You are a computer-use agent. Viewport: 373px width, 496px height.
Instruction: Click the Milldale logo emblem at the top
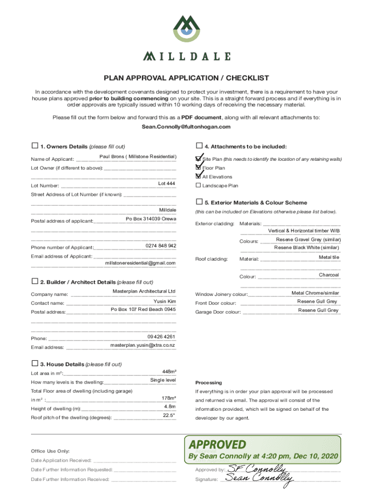[186, 28]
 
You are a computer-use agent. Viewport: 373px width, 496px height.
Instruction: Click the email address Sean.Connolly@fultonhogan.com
[186, 127]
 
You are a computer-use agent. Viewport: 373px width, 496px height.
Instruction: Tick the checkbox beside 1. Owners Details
[34, 146]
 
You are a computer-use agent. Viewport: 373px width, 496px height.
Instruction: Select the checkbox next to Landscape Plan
[198, 186]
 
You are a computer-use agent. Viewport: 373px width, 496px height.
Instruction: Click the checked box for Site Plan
[198, 159]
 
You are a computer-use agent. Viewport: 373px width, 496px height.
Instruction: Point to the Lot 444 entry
[167, 184]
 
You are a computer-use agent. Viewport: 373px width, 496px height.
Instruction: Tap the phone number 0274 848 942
[161, 246]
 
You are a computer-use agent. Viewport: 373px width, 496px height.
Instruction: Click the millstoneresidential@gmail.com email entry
[140, 263]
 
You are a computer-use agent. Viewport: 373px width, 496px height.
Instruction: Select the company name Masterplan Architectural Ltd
[144, 291]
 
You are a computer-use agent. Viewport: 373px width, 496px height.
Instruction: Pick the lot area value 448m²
[169, 372]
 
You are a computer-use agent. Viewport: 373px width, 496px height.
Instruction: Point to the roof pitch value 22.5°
[169, 415]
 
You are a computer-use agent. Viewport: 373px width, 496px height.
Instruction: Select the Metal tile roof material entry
[328, 257]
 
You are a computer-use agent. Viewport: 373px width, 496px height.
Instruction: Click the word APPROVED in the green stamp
[218, 444]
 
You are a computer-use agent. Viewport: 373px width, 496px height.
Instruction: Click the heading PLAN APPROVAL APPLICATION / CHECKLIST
[186, 78]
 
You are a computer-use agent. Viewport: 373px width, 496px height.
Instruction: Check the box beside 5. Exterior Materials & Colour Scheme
[199, 201]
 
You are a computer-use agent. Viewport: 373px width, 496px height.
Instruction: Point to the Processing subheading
[208, 382]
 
